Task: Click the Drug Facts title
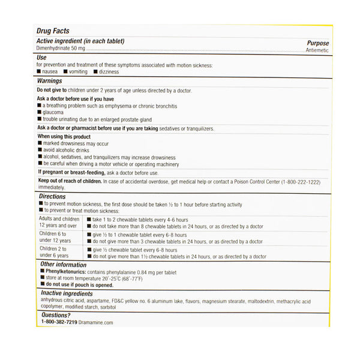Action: point(53,31)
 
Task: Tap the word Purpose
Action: point(318,43)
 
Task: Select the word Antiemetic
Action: point(317,50)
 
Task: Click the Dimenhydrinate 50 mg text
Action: point(61,49)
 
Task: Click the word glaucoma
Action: point(55,112)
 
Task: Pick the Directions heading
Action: point(53,196)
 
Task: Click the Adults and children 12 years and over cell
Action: point(59,223)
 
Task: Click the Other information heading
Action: point(63,265)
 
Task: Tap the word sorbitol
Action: point(104,307)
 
